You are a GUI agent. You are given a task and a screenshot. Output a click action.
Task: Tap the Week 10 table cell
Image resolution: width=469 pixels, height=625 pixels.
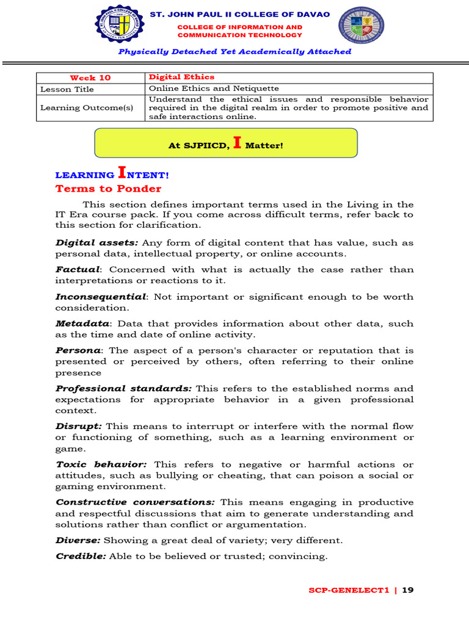(x=90, y=78)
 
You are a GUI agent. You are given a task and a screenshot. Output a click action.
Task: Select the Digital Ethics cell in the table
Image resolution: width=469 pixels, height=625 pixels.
(x=181, y=77)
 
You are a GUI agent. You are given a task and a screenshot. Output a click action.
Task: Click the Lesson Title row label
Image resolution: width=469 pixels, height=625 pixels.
(x=67, y=89)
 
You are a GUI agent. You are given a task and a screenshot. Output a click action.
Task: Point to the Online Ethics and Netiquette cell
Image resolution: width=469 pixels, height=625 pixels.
(x=214, y=89)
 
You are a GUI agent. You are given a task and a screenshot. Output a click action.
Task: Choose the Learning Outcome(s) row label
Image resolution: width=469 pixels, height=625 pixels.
(x=86, y=108)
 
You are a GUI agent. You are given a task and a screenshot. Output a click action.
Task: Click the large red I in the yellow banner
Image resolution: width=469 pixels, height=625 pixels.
(x=238, y=143)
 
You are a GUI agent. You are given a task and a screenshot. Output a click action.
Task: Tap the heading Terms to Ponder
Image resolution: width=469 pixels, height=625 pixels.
(x=108, y=189)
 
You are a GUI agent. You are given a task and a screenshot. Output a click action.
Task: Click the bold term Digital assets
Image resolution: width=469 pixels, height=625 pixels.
(x=96, y=243)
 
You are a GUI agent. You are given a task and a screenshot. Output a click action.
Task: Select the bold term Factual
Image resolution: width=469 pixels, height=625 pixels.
(x=77, y=270)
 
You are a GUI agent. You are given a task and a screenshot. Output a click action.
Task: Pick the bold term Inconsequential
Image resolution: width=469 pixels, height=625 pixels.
(x=101, y=297)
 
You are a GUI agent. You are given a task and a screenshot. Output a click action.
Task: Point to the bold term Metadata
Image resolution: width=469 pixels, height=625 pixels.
(x=82, y=323)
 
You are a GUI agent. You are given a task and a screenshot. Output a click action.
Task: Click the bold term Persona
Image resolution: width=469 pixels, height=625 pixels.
(x=78, y=350)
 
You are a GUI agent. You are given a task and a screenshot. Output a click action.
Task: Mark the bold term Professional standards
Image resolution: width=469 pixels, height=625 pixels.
(x=123, y=388)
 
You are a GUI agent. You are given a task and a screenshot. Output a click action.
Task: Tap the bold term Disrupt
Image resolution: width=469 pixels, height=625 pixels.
(x=78, y=426)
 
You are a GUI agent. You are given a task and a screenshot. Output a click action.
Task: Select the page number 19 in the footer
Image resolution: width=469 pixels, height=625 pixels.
(x=409, y=590)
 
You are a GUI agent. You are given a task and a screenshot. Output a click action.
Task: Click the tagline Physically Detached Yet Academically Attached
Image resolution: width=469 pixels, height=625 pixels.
(x=234, y=52)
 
